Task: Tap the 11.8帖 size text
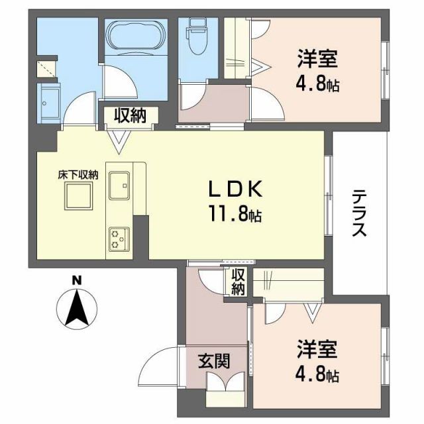pyautogui.click(x=235, y=215)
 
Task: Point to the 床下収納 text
pyautogui.click(x=78, y=176)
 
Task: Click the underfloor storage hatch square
pyautogui.click(x=78, y=196)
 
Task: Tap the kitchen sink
pyautogui.click(x=119, y=185)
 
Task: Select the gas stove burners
pyautogui.click(x=119, y=238)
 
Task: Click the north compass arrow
pyautogui.click(x=78, y=311)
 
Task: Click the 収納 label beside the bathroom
pyautogui.click(x=129, y=116)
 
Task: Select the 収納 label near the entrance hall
pyautogui.click(x=238, y=283)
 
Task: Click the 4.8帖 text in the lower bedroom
pyautogui.click(x=317, y=375)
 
